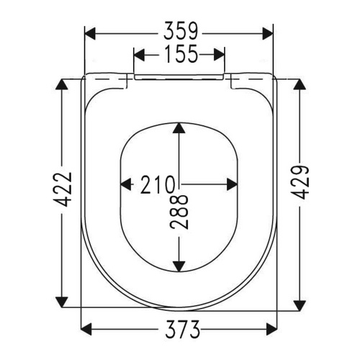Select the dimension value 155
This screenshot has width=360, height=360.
click(x=181, y=54)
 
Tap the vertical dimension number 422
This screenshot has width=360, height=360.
click(x=63, y=189)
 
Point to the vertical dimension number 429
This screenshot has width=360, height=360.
click(x=300, y=183)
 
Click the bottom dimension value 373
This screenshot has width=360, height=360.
click(x=182, y=329)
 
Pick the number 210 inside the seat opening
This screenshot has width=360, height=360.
click(x=157, y=184)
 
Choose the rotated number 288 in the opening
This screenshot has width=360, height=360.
click(x=179, y=212)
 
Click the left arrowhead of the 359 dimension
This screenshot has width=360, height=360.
click(x=91, y=34)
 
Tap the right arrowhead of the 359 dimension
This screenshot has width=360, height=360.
click(x=268, y=34)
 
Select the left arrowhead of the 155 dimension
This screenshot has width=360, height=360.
click(x=139, y=55)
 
